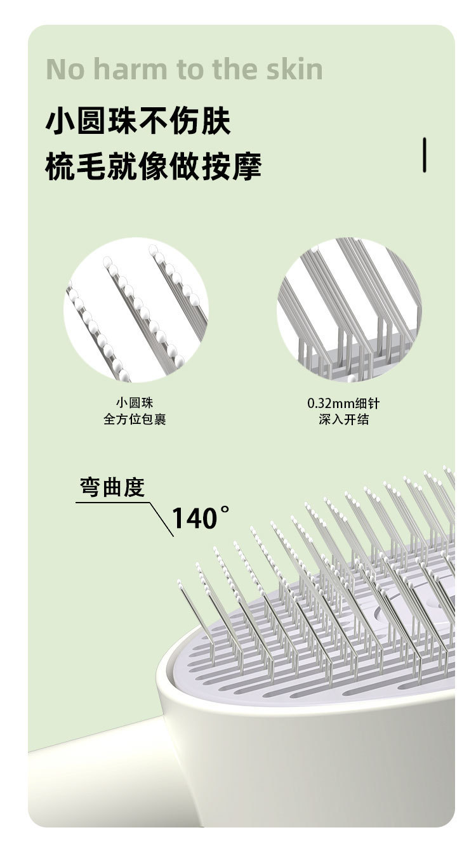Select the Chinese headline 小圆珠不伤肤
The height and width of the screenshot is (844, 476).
(x=138, y=122)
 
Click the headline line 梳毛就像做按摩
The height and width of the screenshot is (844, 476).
(x=154, y=167)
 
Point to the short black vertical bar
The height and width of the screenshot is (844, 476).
(x=425, y=154)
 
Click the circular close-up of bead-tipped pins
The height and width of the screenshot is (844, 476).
(x=136, y=310)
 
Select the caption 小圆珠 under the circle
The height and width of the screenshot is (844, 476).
(x=135, y=403)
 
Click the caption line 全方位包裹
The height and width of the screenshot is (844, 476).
(x=135, y=419)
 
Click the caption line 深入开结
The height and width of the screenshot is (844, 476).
(x=343, y=419)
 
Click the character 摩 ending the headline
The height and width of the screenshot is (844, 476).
(x=247, y=167)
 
